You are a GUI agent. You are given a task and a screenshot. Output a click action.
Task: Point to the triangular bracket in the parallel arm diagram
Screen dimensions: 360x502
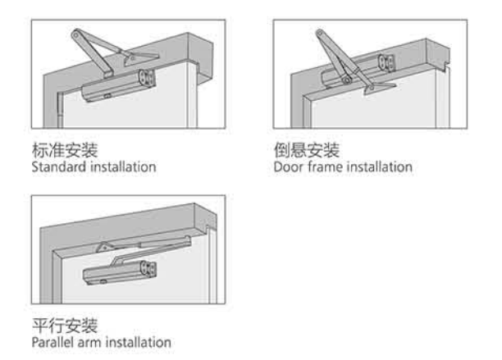click(105, 247)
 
